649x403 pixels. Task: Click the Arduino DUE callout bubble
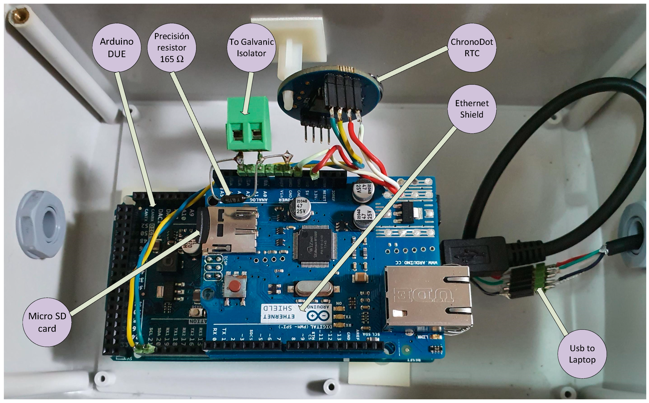point(116,47)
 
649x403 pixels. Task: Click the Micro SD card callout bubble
point(47,322)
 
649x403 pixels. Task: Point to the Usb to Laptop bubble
point(582,354)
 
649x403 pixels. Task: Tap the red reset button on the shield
point(235,286)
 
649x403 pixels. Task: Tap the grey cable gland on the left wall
point(41,224)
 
